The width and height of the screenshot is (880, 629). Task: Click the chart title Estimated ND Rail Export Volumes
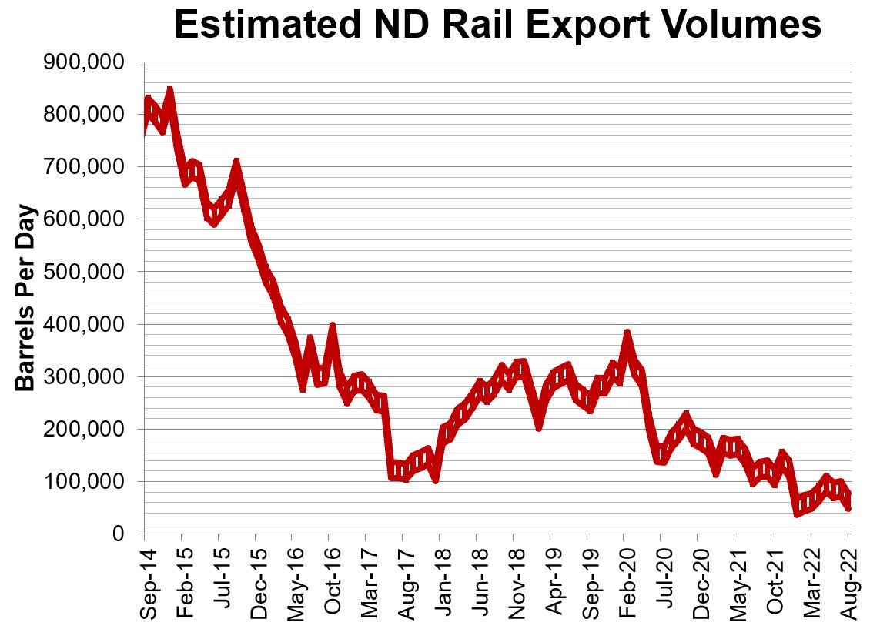tap(497, 25)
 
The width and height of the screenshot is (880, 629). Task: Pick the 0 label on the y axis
tap(119, 535)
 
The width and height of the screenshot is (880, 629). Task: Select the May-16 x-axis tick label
tap(292, 581)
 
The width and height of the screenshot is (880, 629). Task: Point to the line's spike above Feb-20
tap(627, 333)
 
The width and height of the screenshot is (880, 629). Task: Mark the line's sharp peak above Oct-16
tap(333, 326)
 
